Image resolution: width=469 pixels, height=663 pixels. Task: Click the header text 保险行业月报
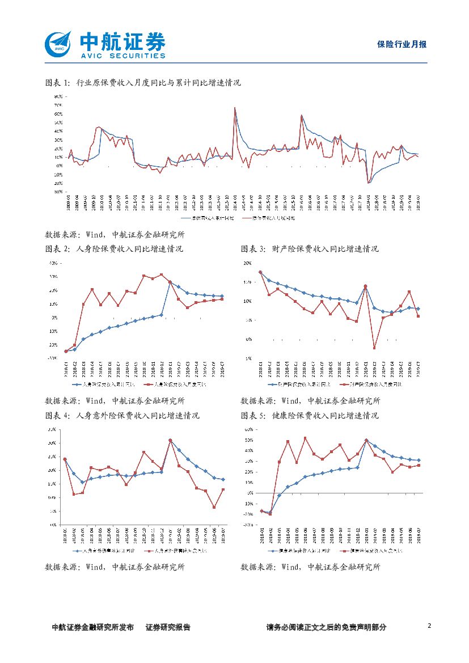click(402, 44)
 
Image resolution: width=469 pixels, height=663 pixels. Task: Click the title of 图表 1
click(143, 83)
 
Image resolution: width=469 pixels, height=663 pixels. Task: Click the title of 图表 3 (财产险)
click(310, 249)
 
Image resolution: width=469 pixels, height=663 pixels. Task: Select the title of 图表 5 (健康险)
click(310, 415)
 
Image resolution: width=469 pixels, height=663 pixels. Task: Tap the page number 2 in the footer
click(429, 626)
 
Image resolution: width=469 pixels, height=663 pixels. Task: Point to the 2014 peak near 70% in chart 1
click(235, 108)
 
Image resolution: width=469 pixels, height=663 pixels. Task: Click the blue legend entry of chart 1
click(208, 217)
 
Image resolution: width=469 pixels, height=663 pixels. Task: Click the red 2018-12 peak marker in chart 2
click(162, 275)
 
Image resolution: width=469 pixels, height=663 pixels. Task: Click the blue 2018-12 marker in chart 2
click(162, 314)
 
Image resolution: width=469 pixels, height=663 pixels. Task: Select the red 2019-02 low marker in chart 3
click(374, 348)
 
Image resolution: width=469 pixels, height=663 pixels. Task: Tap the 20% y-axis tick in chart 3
click(247, 263)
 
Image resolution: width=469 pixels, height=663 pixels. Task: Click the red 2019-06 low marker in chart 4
click(214, 507)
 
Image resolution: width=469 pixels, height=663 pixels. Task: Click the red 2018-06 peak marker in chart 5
click(305, 438)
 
